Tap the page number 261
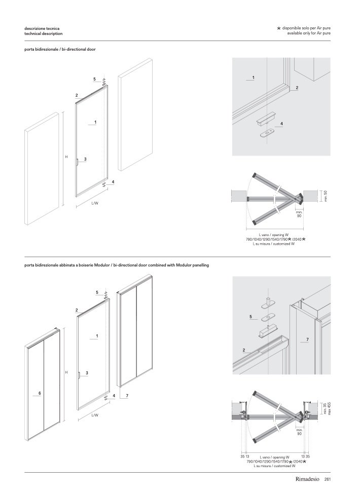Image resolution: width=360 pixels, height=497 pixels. [328, 479]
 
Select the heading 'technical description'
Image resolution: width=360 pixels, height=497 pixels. [44, 33]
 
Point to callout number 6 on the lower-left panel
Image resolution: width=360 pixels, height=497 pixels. [39, 393]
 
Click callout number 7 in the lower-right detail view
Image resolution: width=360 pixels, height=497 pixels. [308, 338]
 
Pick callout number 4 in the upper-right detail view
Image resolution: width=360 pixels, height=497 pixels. [281, 124]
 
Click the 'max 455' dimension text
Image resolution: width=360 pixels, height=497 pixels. [329, 408]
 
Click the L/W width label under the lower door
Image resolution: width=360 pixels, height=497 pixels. [95, 415]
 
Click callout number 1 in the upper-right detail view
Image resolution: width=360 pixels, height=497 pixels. [253, 77]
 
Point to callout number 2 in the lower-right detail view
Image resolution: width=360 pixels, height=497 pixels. [244, 350]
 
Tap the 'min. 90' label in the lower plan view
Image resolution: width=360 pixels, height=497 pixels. [299, 432]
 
